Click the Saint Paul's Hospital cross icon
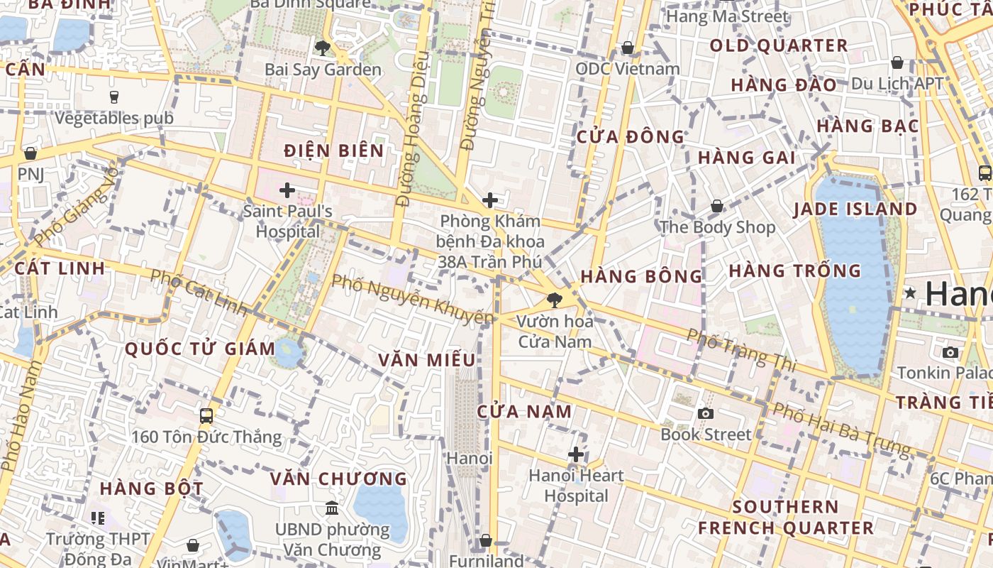tap(287, 190)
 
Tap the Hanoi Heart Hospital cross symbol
tap(576, 454)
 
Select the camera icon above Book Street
tap(705, 413)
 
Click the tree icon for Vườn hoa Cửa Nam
tap(555, 300)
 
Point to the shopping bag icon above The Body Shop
tap(717, 207)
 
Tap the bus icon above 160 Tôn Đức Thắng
tap(206, 416)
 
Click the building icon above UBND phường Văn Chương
tap(331, 508)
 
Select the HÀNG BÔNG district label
tap(641, 276)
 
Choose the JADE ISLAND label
tap(855, 209)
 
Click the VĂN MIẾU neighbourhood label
tap(426, 360)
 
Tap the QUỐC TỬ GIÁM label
tap(200, 349)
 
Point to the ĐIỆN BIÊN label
tap(333, 151)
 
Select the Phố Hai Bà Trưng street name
tap(841, 430)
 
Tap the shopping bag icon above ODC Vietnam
tap(627, 48)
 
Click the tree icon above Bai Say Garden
tap(323, 48)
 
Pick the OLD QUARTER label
tap(779, 46)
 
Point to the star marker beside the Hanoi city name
tap(911, 293)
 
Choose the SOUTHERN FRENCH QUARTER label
tap(786, 518)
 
